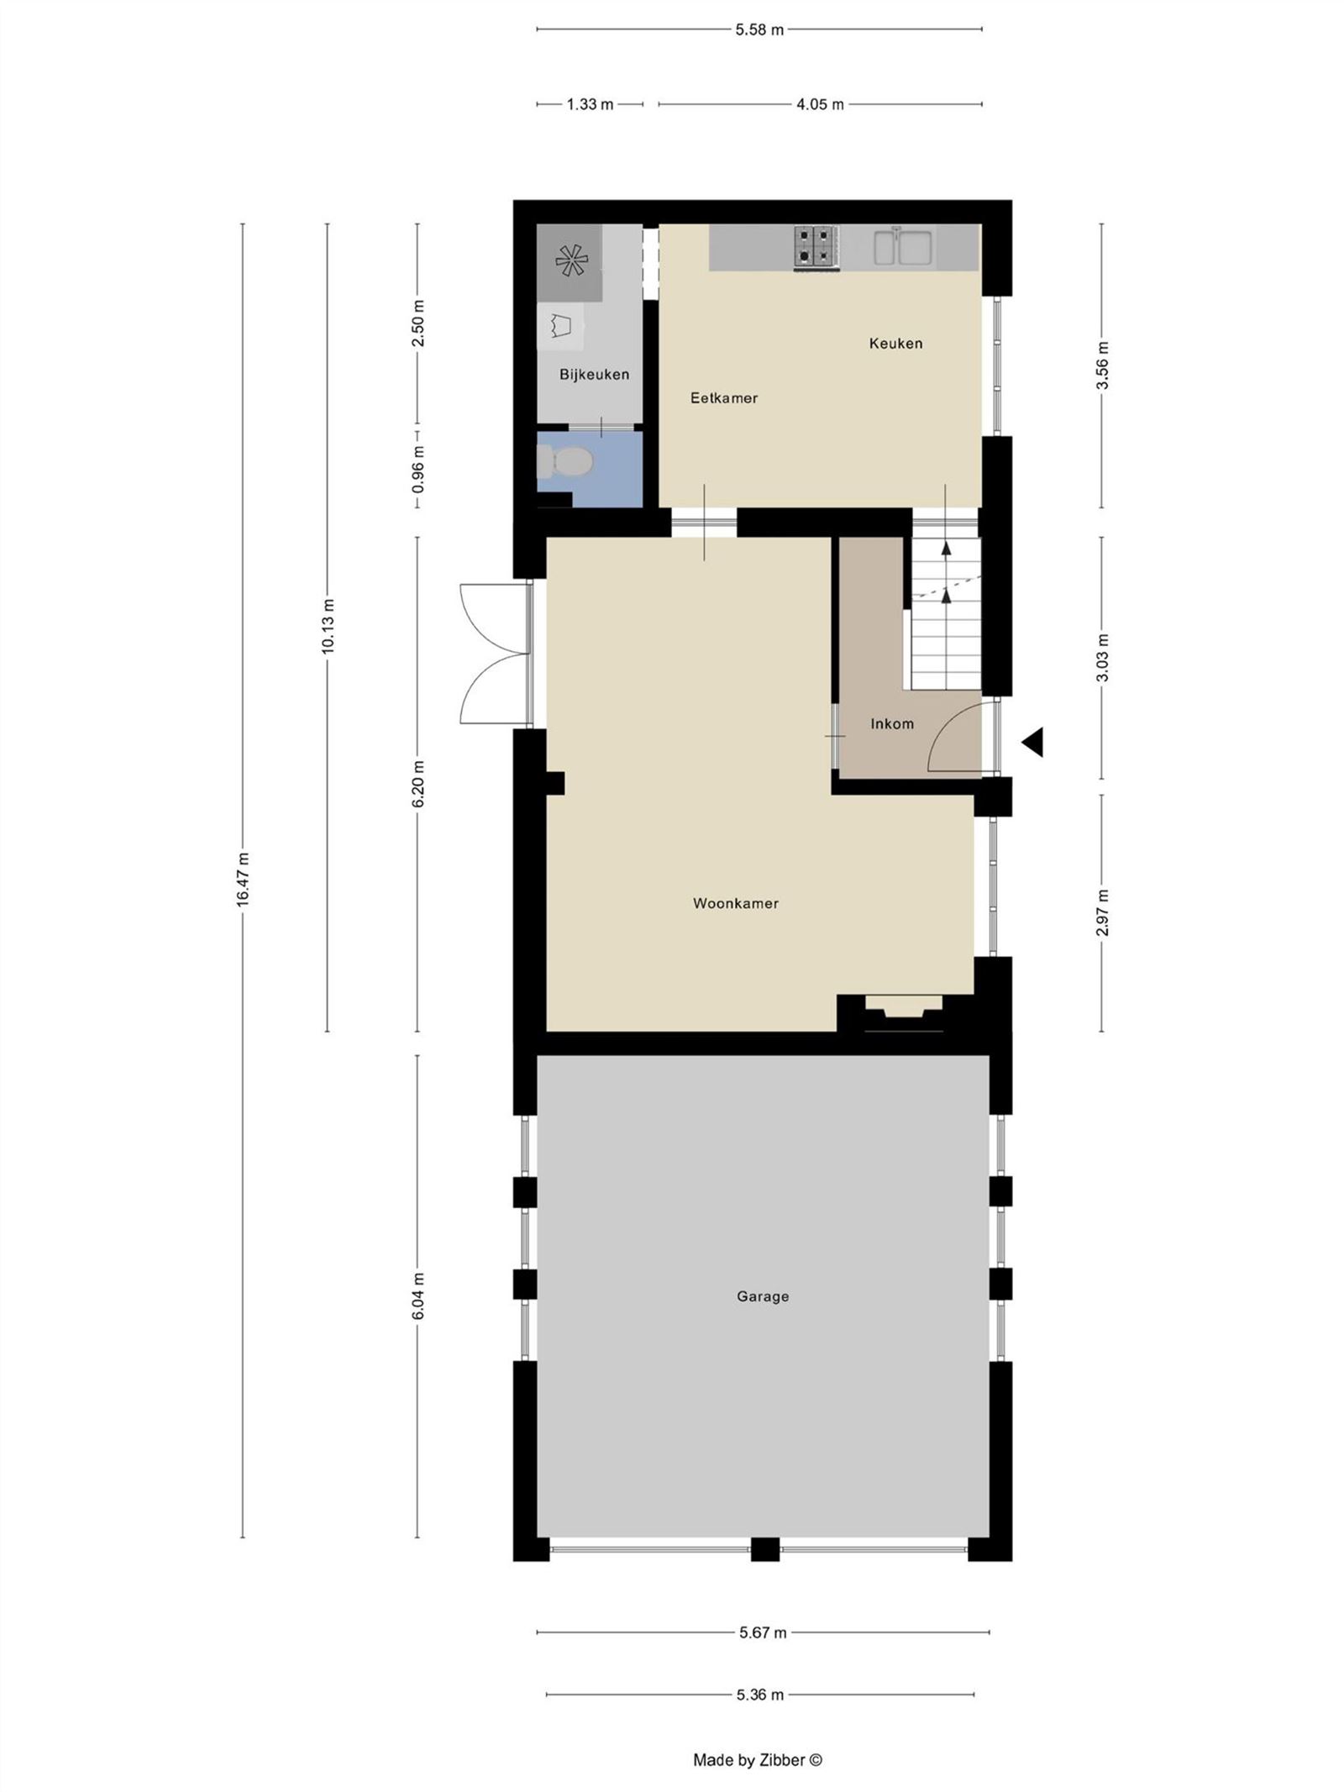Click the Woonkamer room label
(x=735, y=903)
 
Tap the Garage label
(x=762, y=1296)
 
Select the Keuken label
(x=895, y=343)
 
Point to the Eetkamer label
(x=723, y=397)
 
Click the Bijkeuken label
(x=594, y=374)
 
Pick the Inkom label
(x=891, y=723)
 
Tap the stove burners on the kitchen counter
(x=816, y=247)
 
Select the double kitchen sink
(x=903, y=247)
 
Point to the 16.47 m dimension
(x=243, y=880)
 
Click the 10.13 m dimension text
(x=328, y=626)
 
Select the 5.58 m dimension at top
(x=759, y=29)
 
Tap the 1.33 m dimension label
(x=590, y=104)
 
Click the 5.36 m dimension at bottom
(x=760, y=1695)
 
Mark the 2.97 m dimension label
(x=1102, y=912)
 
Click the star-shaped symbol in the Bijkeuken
(x=570, y=261)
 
